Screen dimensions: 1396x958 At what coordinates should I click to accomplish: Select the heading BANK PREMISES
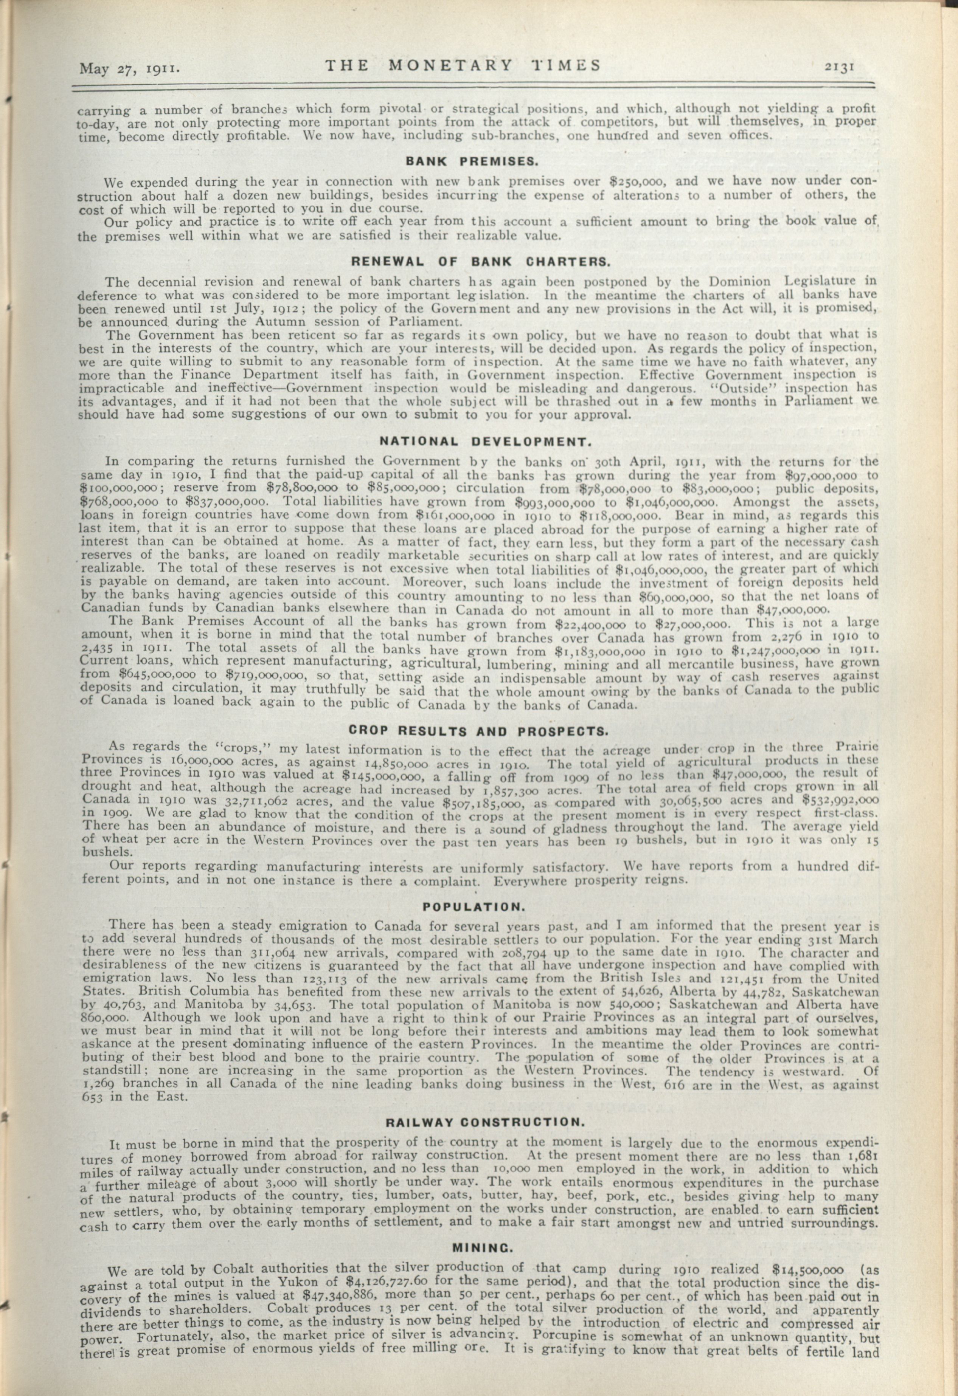pyautogui.click(x=470, y=161)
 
